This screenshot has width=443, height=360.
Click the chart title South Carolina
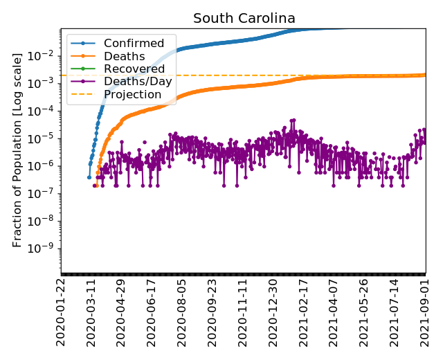pyautogui.click(x=244, y=18)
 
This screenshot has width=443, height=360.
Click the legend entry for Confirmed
pyautogui.click(x=134, y=44)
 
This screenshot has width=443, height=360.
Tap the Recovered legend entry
pyautogui.click(x=134, y=69)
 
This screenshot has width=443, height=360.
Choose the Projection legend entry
pyautogui.click(x=132, y=94)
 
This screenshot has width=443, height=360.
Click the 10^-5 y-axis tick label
pyautogui.click(x=45, y=138)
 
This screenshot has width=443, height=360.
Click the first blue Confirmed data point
pyautogui.click(x=89, y=177)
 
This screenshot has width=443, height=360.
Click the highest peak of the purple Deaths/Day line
pyautogui.click(x=293, y=119)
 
